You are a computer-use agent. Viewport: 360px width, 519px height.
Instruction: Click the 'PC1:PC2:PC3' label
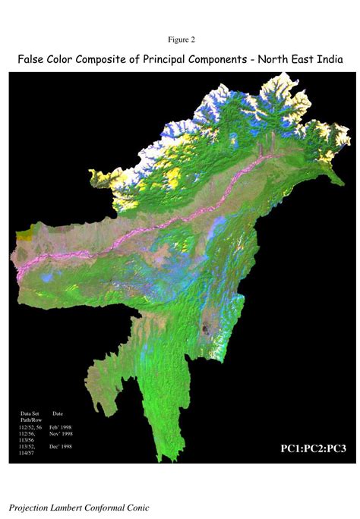(x=314, y=448)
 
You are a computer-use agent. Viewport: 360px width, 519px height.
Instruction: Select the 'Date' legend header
(x=58, y=414)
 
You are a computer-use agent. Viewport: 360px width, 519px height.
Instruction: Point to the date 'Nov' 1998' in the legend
(x=61, y=433)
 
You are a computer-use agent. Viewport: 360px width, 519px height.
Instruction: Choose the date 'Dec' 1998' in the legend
(x=61, y=447)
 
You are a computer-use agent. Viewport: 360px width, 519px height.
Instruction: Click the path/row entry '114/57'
(x=26, y=453)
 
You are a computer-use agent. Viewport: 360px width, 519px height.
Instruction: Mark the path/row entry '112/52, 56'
(x=31, y=428)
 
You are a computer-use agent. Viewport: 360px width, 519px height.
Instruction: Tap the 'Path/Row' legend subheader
(x=31, y=420)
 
